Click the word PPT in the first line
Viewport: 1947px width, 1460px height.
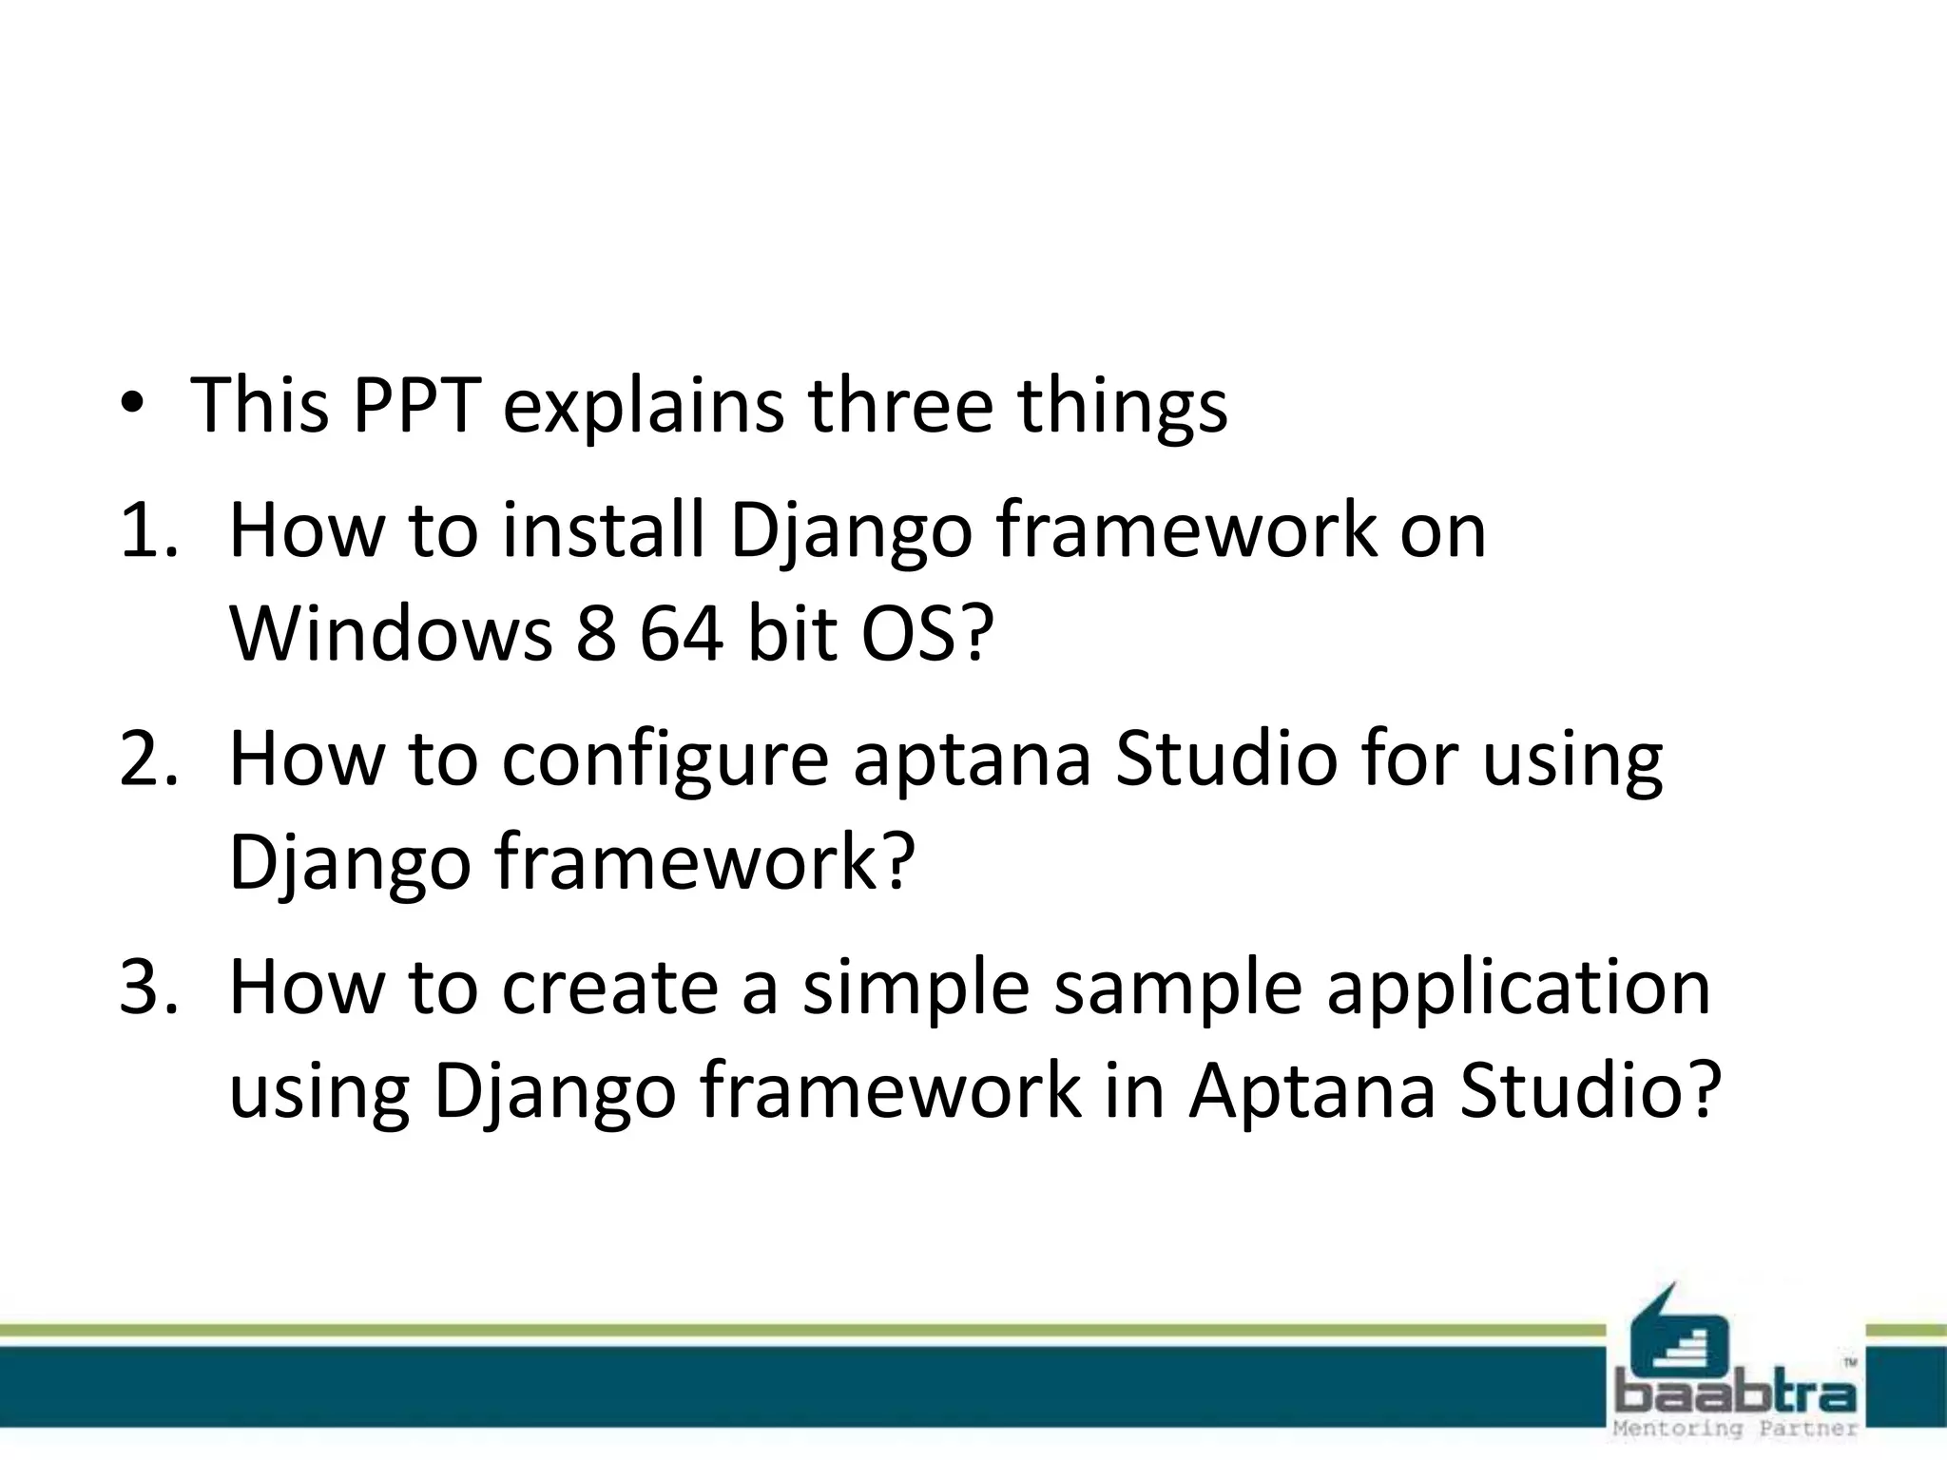(414, 405)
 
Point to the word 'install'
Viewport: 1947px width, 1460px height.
(604, 531)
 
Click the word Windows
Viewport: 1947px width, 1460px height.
(391, 634)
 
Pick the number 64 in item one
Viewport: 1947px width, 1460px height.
(681, 634)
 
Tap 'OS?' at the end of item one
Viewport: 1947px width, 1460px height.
(927, 634)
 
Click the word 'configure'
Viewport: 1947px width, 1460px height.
(665, 761)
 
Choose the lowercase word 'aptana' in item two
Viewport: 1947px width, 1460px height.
(972, 761)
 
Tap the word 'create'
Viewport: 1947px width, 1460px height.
(609, 988)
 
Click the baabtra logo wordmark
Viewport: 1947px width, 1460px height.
(1736, 1393)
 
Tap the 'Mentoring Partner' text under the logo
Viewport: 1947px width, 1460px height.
(1736, 1429)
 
